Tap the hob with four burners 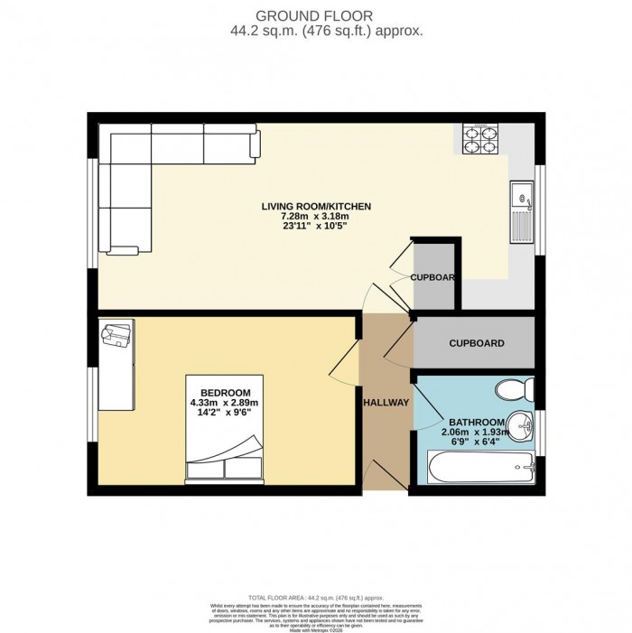[x=479, y=139]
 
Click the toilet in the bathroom [x=517, y=389]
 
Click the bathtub [x=481, y=469]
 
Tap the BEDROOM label [x=224, y=392]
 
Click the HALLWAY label [x=386, y=403]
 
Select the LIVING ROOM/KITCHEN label [x=316, y=207]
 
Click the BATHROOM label [x=476, y=423]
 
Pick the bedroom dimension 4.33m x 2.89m [x=224, y=403]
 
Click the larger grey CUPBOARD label [x=476, y=343]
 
